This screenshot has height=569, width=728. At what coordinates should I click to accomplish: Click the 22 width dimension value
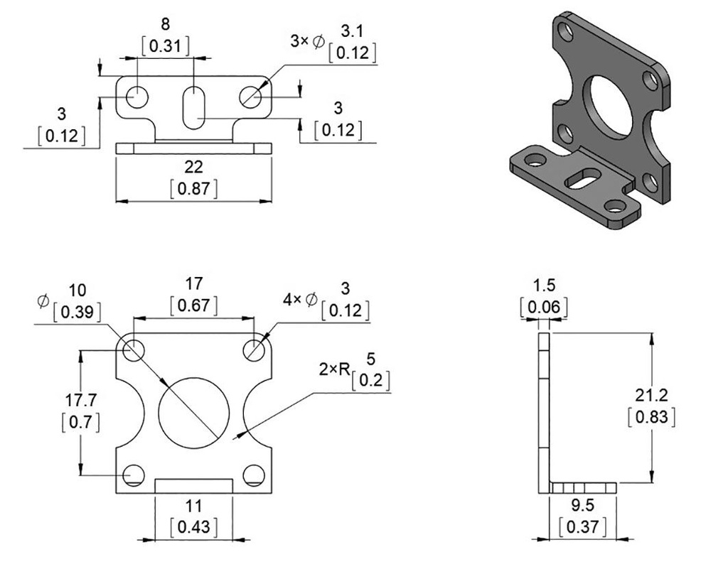(x=193, y=167)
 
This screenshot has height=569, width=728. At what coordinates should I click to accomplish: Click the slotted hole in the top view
(x=193, y=107)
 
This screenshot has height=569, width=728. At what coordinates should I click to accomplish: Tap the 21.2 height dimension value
(x=652, y=395)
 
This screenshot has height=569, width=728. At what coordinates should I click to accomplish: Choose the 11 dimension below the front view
(x=193, y=506)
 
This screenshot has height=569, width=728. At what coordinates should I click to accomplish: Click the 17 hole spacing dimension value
(x=193, y=284)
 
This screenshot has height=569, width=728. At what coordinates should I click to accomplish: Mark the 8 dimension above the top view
(x=166, y=26)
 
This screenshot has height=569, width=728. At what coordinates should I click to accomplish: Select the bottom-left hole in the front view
(x=133, y=475)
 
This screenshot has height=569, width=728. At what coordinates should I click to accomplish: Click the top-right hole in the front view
(x=254, y=349)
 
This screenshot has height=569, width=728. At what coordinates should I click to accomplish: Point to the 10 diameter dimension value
(x=78, y=291)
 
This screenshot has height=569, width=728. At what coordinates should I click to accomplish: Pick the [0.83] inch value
(x=652, y=416)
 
